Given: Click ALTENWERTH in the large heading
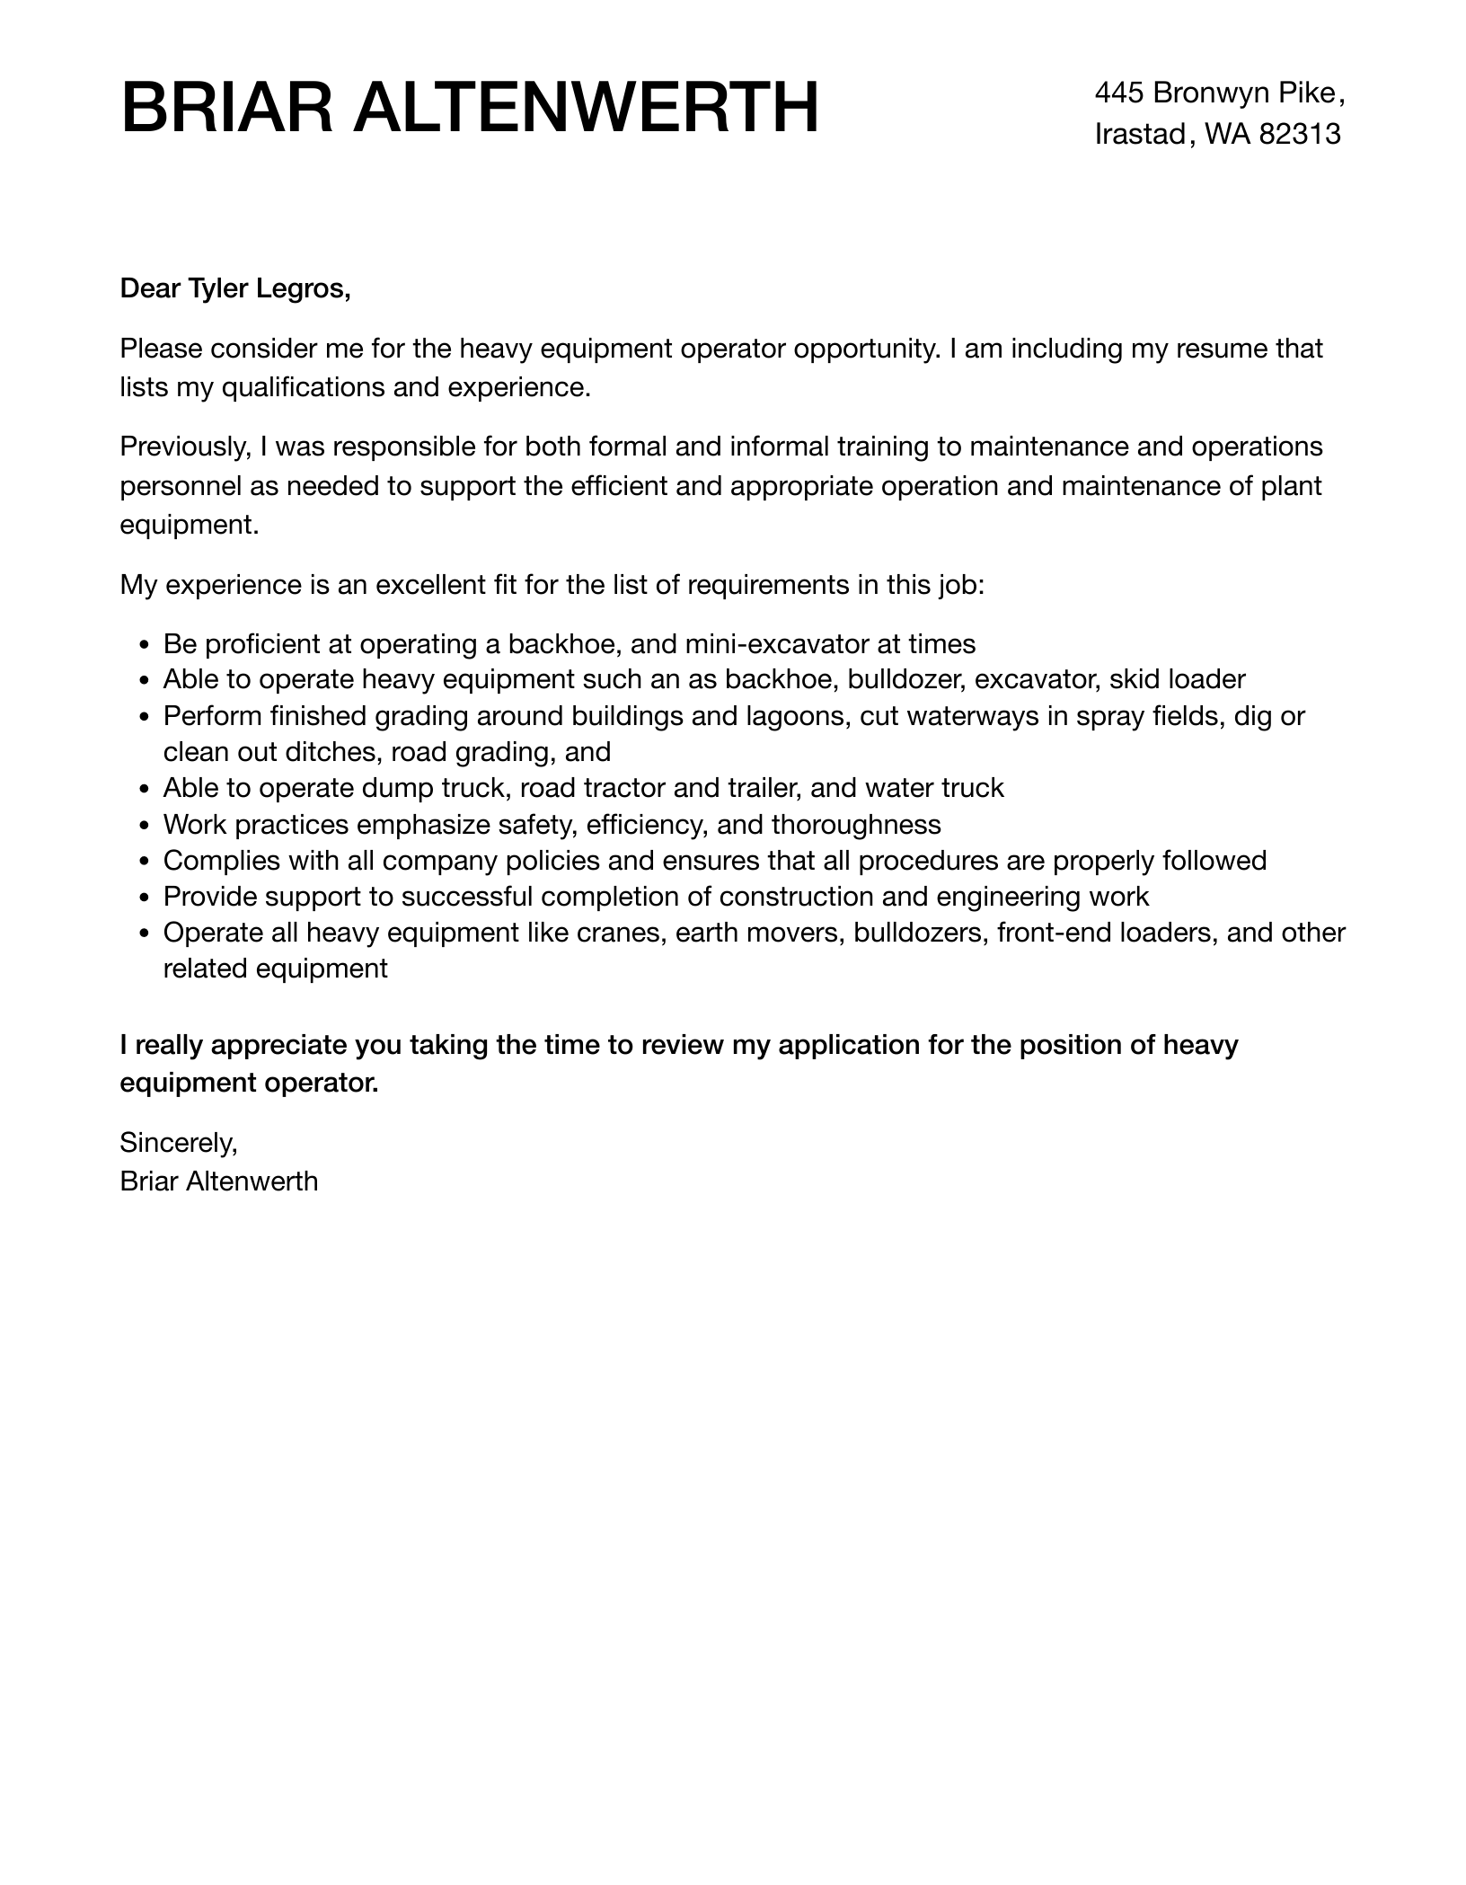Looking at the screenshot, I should (x=586, y=108).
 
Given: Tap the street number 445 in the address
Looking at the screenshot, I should (x=1118, y=93).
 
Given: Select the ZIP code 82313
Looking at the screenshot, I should (x=1300, y=134).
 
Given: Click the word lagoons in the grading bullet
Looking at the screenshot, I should (x=798, y=716).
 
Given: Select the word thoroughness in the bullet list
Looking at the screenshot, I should (x=856, y=824).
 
